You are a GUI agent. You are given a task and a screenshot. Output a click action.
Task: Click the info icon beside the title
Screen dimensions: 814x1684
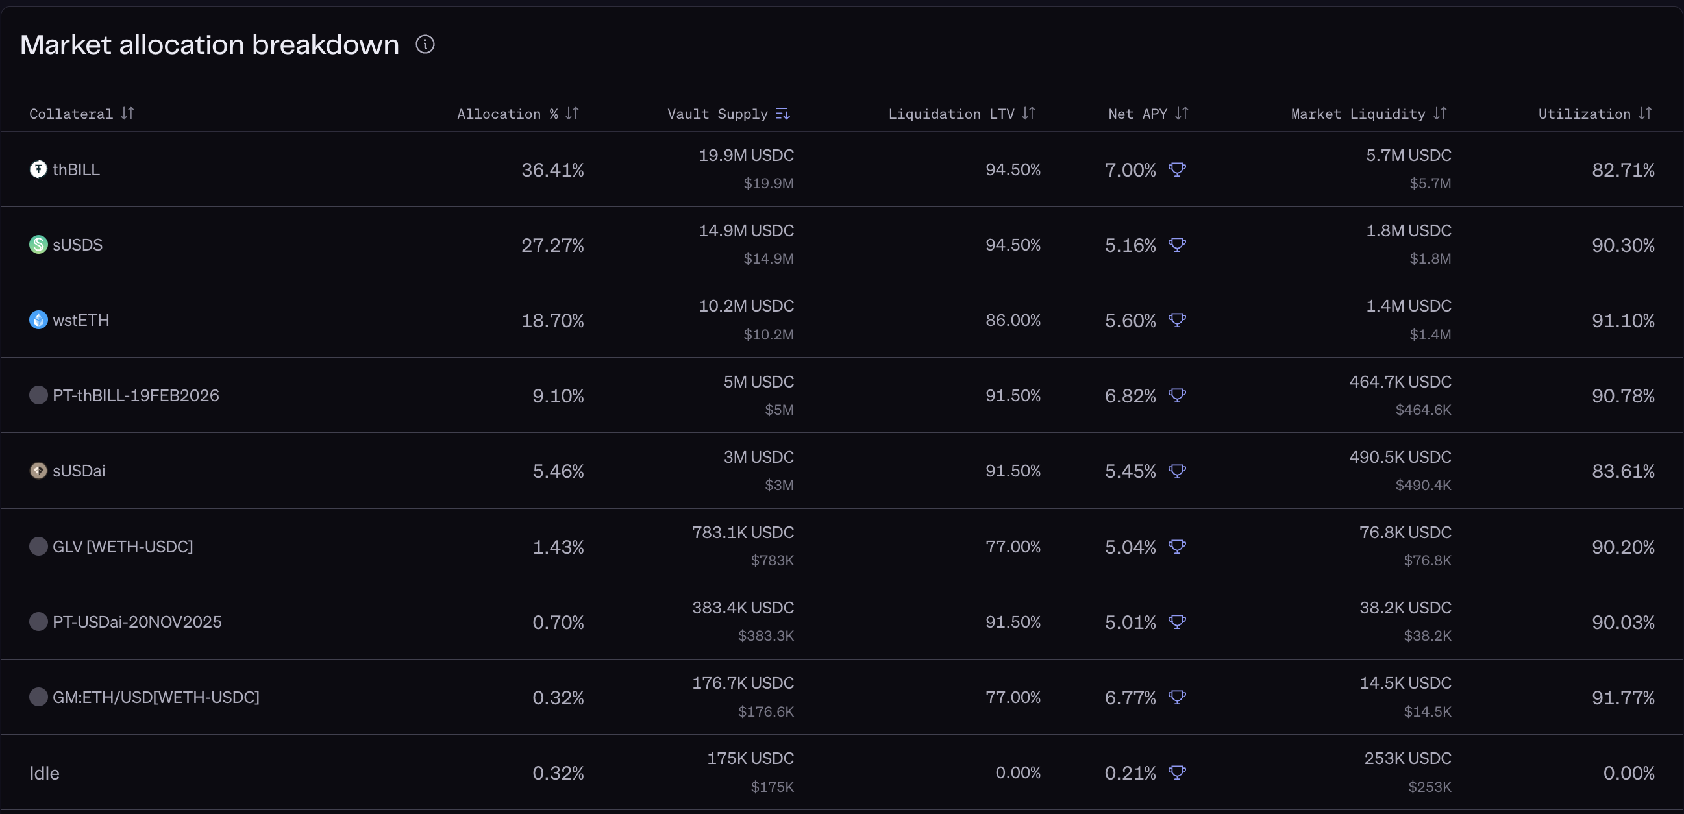[x=425, y=44]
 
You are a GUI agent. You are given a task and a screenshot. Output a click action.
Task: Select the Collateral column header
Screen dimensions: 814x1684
[x=71, y=114]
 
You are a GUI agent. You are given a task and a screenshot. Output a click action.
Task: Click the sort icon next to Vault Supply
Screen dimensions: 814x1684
[x=782, y=114]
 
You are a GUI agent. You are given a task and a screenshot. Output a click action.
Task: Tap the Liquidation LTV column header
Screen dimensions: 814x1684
[x=951, y=114]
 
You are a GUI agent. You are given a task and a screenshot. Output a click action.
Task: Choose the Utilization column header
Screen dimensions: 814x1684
[x=1585, y=114]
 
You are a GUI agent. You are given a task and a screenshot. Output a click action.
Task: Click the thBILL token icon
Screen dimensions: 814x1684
[x=38, y=169]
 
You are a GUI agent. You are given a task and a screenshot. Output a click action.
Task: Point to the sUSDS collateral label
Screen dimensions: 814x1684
[x=77, y=245]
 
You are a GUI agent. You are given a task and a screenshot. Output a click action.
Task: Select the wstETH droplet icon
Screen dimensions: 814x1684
[x=38, y=320]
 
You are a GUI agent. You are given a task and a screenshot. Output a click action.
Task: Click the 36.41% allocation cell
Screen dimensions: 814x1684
[x=552, y=170]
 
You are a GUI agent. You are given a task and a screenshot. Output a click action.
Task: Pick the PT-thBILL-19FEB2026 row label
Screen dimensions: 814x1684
[x=136, y=395]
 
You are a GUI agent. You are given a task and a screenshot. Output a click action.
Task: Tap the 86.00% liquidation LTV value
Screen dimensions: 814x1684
[x=1013, y=321]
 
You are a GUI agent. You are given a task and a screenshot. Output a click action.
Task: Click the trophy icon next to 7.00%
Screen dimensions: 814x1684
[x=1177, y=169]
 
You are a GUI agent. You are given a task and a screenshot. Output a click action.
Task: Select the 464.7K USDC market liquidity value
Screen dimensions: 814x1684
[x=1400, y=382]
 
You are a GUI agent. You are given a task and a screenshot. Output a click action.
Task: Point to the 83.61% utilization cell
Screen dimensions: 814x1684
[x=1622, y=471]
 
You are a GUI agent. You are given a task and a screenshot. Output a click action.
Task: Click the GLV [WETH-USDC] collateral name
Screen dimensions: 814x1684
[x=123, y=547]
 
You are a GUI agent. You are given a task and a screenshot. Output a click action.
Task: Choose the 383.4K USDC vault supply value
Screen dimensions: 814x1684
[x=743, y=608]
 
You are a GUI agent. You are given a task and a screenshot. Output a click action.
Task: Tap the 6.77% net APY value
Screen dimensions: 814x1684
[x=1130, y=698]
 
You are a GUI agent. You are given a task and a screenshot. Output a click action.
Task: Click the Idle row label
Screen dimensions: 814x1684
[x=44, y=773]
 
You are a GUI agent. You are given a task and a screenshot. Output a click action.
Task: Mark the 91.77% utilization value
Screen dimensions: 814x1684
[x=1622, y=698]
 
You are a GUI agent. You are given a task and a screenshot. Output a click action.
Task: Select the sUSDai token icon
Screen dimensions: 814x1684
[x=38, y=471]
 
